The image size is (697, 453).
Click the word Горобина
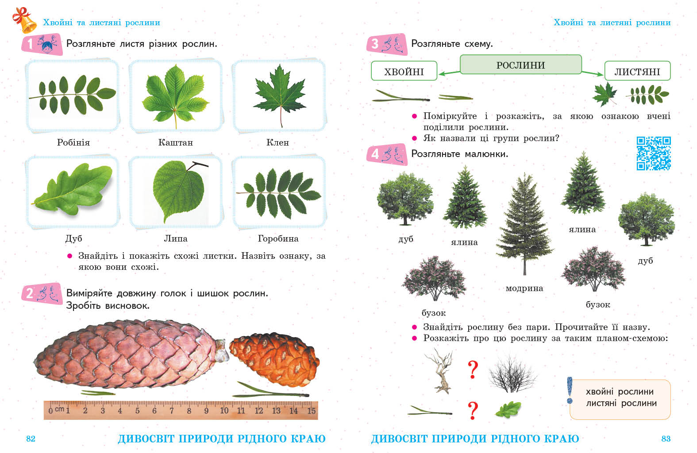coord(278,238)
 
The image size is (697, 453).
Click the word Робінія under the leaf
coord(73,142)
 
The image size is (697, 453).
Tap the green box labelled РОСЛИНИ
coord(520,65)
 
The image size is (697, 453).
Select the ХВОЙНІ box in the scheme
coord(404,71)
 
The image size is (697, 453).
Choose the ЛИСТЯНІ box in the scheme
coord(637,71)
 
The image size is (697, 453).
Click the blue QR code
coord(654,154)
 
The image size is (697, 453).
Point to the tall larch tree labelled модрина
coord(524,224)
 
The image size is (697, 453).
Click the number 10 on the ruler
coord(224,411)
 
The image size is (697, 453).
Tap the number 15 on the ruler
coord(311,411)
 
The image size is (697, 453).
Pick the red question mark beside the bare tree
coord(473,370)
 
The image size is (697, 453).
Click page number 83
coord(666,439)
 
